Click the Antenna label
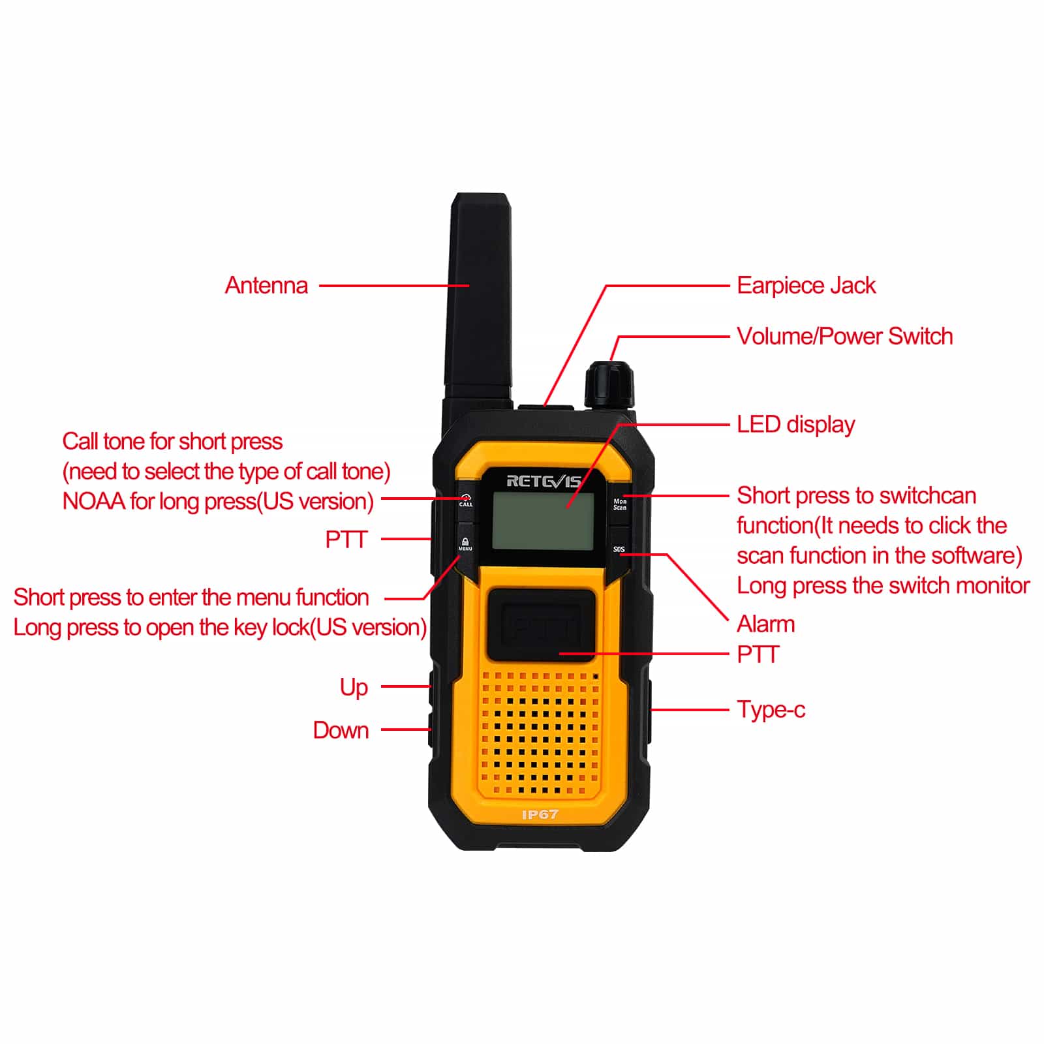click(266, 286)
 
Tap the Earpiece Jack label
click(806, 286)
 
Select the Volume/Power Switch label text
click(845, 337)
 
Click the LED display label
click(796, 425)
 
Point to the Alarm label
click(766, 624)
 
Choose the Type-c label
click(771, 710)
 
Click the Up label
click(354, 688)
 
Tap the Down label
click(341, 730)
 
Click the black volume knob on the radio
click(609, 385)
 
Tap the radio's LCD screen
click(543, 521)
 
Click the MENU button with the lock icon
click(465, 544)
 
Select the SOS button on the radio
click(619, 549)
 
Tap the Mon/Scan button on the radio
click(620, 504)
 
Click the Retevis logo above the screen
click(544, 481)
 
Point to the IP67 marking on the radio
click(540, 814)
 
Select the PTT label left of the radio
click(346, 540)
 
